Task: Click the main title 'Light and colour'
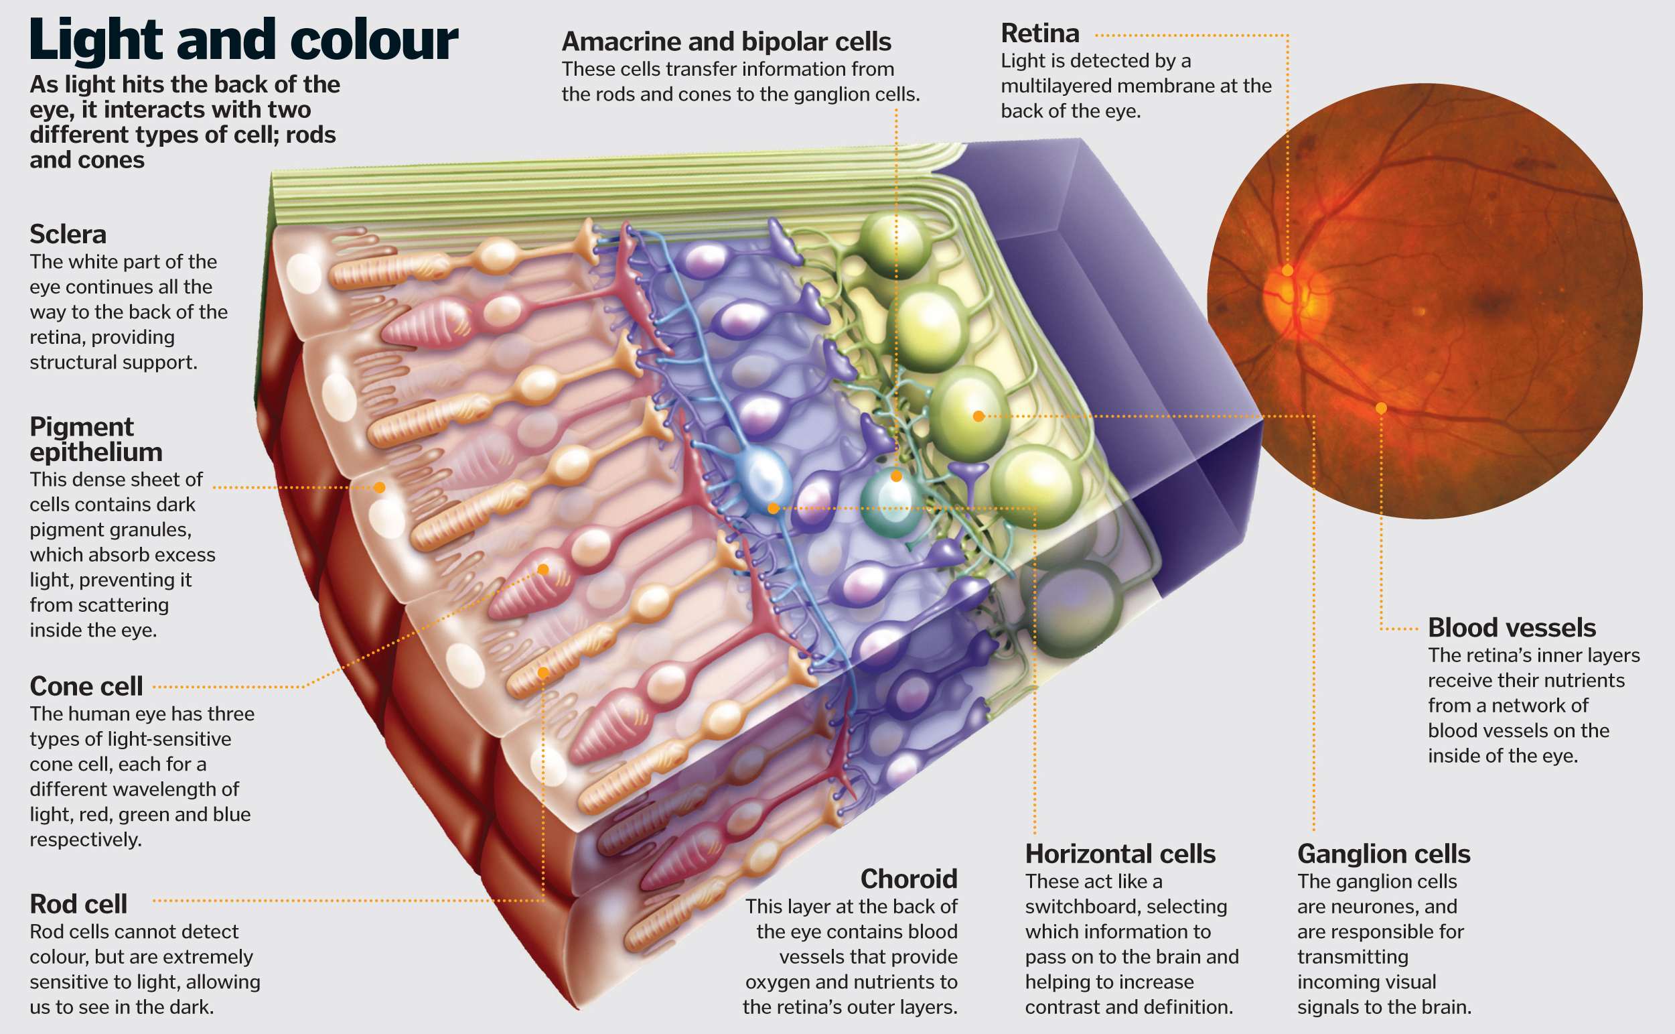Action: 243,40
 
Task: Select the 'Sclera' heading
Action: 68,235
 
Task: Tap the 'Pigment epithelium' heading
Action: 96,439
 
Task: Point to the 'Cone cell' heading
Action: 86,686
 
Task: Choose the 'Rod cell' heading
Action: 78,904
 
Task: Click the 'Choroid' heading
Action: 908,879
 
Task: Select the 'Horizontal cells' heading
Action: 1120,854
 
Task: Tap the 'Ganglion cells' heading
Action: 1383,854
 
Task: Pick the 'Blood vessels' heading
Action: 1512,628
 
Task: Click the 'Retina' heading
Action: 1039,34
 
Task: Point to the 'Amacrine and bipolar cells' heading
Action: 726,42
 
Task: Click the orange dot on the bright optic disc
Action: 1287,271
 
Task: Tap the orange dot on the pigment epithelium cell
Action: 380,488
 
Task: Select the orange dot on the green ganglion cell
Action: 978,415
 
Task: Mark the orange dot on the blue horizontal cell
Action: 773,508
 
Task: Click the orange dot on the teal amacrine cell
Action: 896,476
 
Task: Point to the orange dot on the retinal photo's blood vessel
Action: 1381,408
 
